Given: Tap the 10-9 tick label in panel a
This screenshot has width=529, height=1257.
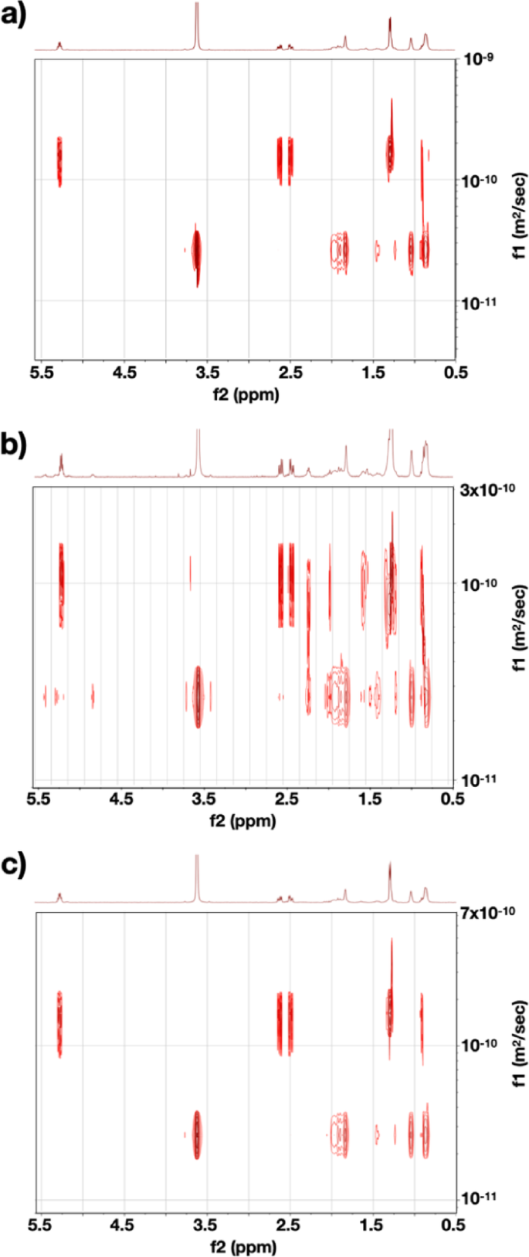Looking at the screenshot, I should pyautogui.click(x=473, y=59).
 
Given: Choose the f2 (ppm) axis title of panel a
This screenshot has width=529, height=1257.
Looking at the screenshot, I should pyautogui.click(x=247, y=394).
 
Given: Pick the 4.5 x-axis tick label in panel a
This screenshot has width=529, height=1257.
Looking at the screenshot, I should pyautogui.click(x=124, y=373).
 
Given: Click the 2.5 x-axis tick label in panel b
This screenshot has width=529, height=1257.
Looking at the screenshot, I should pyautogui.click(x=287, y=799).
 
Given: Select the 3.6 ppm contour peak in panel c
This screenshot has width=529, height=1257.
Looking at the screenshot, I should pyautogui.click(x=197, y=1134).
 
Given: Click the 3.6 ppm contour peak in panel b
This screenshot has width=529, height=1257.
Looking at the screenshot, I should pyautogui.click(x=198, y=696).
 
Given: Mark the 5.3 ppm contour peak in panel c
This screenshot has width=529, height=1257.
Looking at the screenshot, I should pyautogui.click(x=59, y=1024).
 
